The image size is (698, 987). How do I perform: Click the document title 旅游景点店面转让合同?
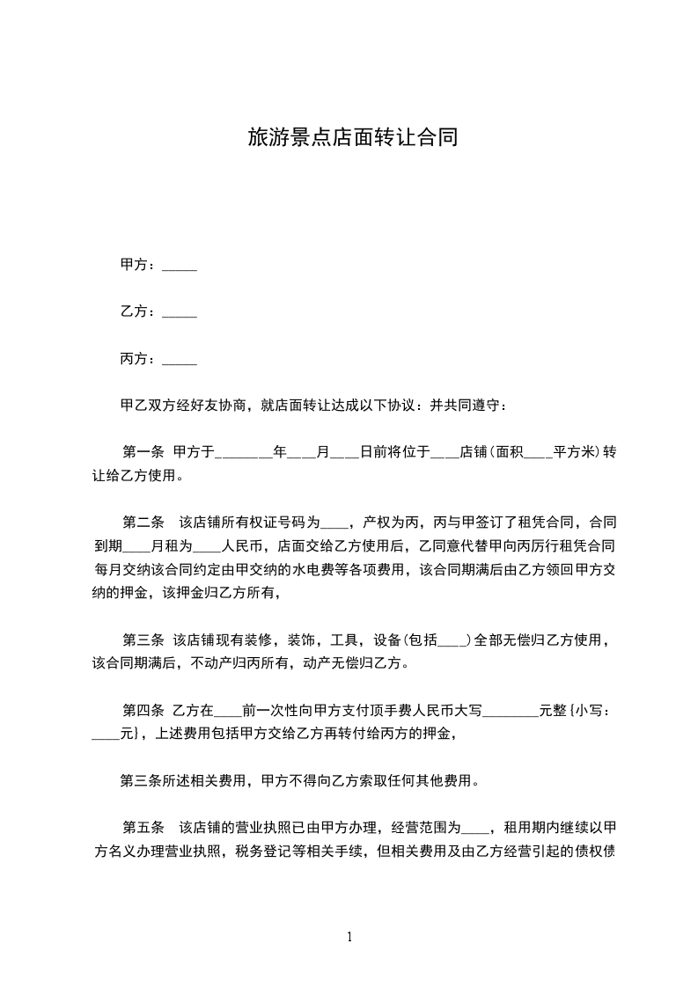[x=352, y=138]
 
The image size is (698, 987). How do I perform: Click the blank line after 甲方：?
[x=180, y=267]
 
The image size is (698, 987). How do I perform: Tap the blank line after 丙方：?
[x=180, y=360]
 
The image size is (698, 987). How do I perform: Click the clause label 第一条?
[x=143, y=453]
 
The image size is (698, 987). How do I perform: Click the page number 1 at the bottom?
[x=349, y=937]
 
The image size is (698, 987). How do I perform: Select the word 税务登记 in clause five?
[x=282, y=851]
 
